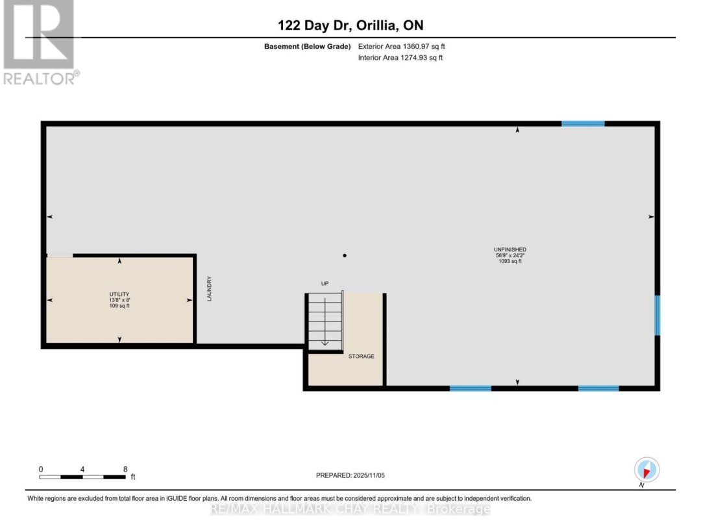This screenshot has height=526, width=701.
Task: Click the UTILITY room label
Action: point(119,294)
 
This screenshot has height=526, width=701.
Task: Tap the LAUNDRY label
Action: point(209,288)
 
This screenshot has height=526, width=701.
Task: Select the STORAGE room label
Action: point(362,356)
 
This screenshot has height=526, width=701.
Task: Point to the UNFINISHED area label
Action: point(510,249)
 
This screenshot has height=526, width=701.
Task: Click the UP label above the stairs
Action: point(325,284)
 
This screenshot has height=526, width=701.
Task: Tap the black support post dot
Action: point(344,255)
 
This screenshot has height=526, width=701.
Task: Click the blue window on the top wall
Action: point(583,123)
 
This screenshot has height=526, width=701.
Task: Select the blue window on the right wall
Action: point(657,316)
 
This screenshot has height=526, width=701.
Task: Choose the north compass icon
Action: point(646,470)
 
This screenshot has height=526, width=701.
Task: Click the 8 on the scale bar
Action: point(125,470)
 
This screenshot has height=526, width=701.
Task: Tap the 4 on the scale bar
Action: point(82,470)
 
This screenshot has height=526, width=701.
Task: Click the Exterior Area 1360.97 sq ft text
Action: point(402,46)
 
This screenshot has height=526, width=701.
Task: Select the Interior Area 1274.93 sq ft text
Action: point(400,58)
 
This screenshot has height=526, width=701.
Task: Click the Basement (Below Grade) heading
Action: point(307,46)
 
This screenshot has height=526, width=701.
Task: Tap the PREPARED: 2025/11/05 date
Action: point(350,475)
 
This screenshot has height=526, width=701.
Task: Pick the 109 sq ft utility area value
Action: point(119,306)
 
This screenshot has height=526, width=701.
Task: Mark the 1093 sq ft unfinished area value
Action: point(510,261)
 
